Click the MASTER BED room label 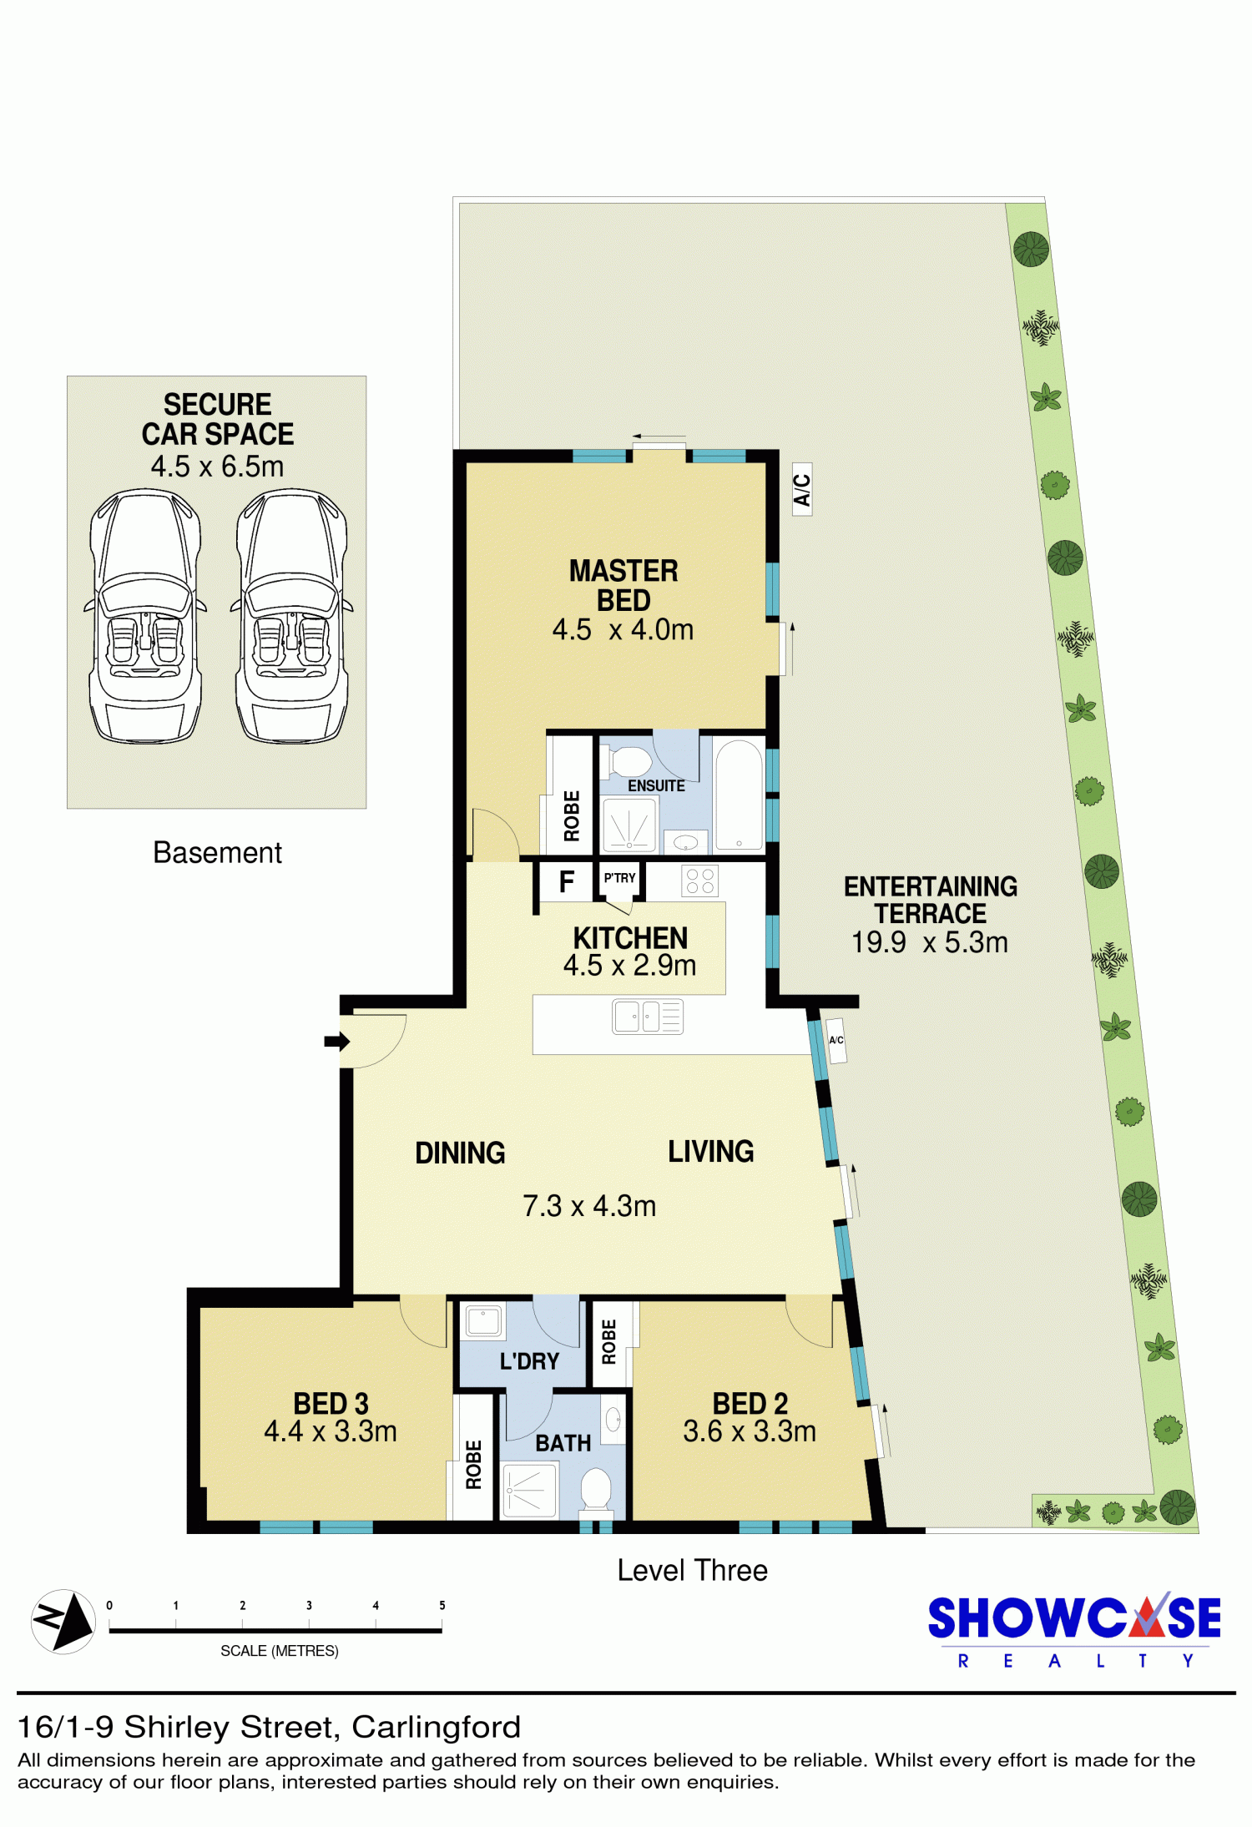tap(623, 586)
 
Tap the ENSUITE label tap(656, 786)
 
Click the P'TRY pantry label tap(619, 878)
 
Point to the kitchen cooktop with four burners tap(699, 881)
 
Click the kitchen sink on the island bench tap(648, 1017)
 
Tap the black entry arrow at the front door tap(336, 1041)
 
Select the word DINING tap(460, 1153)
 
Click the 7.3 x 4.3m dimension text tap(589, 1206)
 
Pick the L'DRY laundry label tap(529, 1361)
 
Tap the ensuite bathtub tap(739, 795)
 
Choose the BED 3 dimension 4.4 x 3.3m tap(331, 1431)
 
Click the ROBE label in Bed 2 tap(608, 1342)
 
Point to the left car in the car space tap(145, 616)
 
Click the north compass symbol tap(63, 1622)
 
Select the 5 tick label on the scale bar tap(442, 1605)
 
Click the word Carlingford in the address tap(436, 1727)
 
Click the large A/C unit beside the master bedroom tap(802, 490)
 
